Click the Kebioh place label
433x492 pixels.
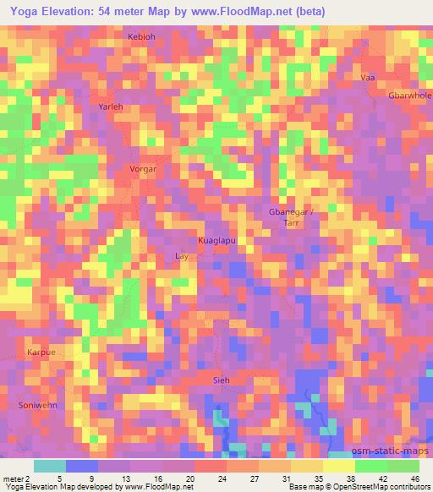[141, 37]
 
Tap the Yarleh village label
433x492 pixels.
[111, 107]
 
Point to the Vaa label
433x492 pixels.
[367, 77]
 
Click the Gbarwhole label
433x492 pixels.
[409, 96]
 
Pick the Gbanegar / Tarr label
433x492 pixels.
[291, 216]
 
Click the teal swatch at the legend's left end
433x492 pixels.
[51, 466]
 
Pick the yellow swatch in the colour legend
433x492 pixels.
[338, 466]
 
